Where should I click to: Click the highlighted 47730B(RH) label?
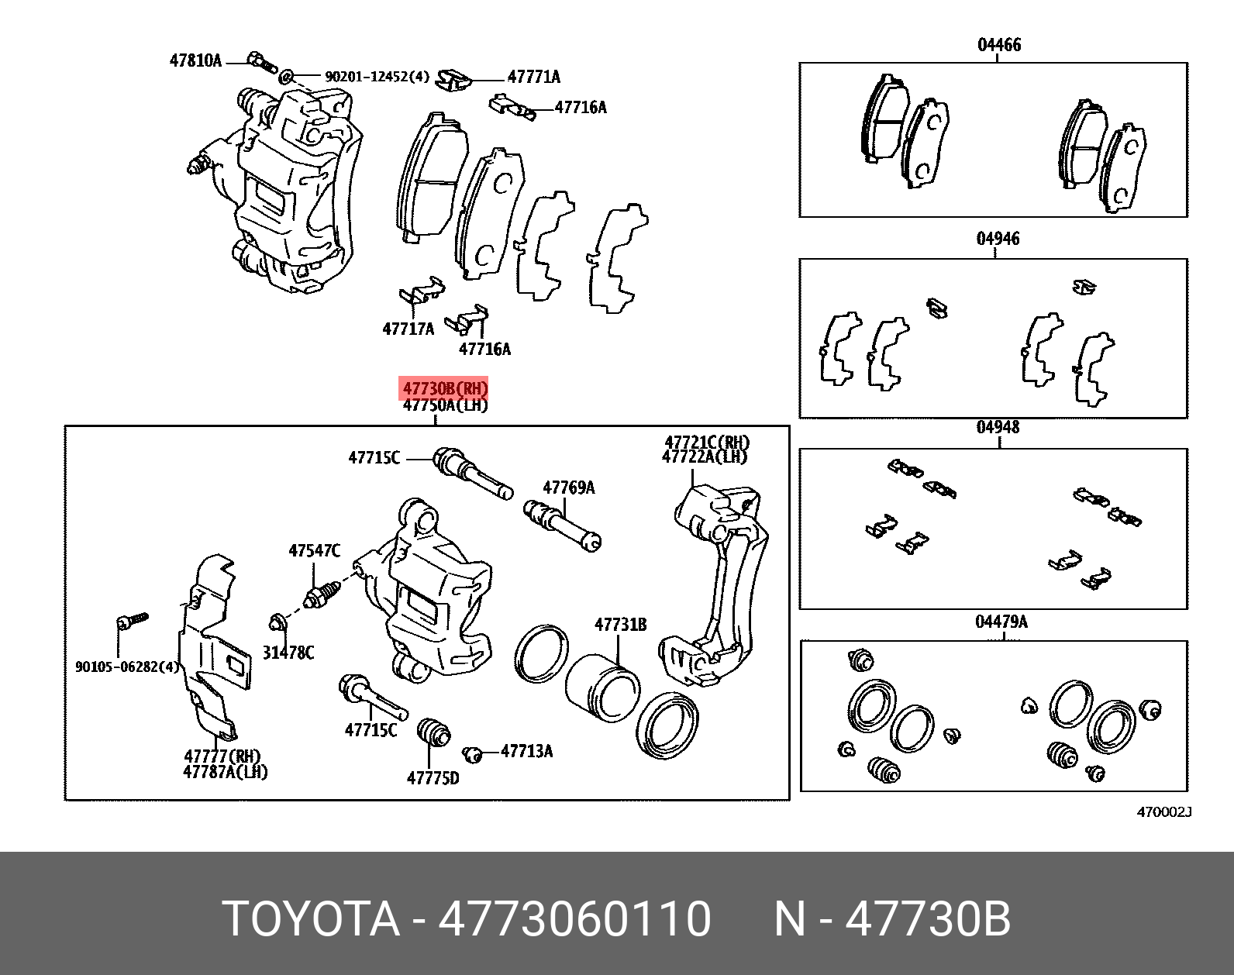(445, 388)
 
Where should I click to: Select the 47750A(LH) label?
(445, 405)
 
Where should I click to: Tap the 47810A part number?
(195, 60)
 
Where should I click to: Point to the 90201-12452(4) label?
(376, 77)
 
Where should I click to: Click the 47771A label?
(533, 77)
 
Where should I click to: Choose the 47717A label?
(408, 329)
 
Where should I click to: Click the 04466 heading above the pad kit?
(998, 45)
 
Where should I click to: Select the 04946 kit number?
(998, 239)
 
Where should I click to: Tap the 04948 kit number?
(998, 427)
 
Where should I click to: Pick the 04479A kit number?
(1001, 622)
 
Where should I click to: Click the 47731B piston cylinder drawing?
(601, 686)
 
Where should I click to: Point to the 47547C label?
(314, 551)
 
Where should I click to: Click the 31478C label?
(288, 653)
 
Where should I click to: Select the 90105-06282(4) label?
(127, 667)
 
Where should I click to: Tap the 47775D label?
(433, 777)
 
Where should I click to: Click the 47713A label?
(526, 751)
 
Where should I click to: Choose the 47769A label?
(568, 487)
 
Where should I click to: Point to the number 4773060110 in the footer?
(574, 920)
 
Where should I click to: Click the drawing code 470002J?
(1163, 812)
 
